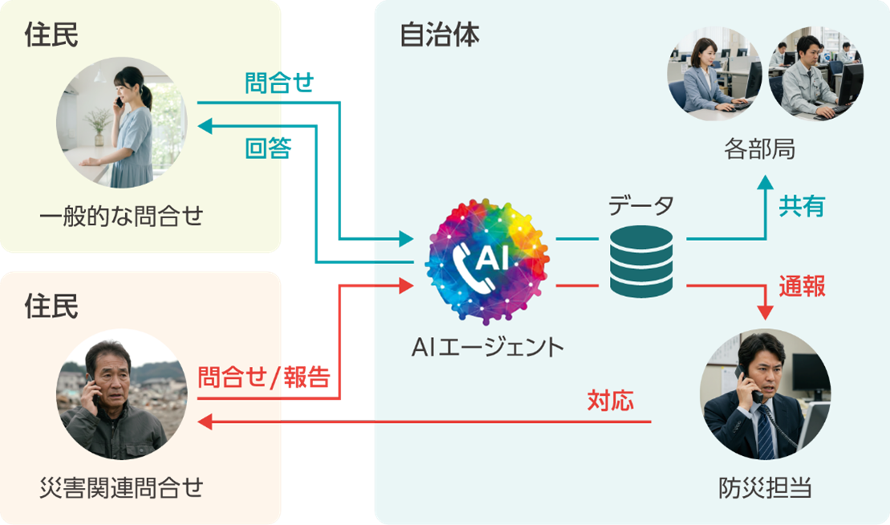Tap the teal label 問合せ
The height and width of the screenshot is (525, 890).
279,83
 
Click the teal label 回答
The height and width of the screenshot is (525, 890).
268,149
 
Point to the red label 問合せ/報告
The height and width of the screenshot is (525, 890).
264,377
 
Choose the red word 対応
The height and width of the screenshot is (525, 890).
610,399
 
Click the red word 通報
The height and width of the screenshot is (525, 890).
802,287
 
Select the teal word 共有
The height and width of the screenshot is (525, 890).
801,206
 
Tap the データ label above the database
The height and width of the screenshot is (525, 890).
640,206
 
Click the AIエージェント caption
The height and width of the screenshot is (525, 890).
488,347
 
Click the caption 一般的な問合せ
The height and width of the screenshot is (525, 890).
122,215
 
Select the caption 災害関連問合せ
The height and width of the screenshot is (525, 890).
122,486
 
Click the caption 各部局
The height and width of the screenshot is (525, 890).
758,149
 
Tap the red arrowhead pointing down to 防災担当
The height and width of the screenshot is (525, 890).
764,311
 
